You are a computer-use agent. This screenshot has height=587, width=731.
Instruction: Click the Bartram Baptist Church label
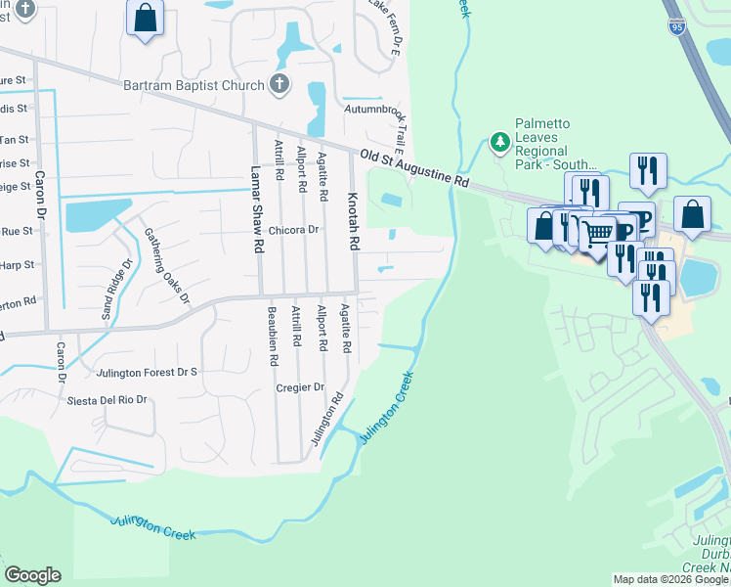click(x=193, y=85)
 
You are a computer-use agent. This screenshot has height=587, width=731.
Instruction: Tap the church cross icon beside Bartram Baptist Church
click(x=279, y=84)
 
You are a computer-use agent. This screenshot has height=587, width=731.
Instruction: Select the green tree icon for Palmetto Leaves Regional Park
click(x=500, y=143)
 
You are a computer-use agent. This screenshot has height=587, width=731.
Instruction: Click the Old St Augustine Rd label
click(x=414, y=169)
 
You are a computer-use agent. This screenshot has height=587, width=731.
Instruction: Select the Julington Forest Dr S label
click(x=147, y=373)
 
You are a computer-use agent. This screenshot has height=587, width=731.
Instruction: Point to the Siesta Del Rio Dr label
click(x=107, y=400)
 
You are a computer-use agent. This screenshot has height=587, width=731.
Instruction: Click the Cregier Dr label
click(x=300, y=387)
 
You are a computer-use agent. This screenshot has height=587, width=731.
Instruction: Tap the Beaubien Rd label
click(x=273, y=336)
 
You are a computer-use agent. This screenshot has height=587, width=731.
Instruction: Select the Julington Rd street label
click(x=327, y=420)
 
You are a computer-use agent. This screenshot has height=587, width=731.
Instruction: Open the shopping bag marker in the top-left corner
click(x=145, y=18)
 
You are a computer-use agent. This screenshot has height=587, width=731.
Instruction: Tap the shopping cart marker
click(x=597, y=232)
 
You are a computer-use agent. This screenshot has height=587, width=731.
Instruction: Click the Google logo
click(x=32, y=575)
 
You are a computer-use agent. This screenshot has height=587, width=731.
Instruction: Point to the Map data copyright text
click(x=670, y=579)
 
